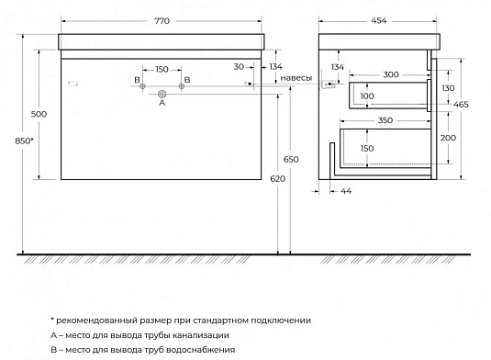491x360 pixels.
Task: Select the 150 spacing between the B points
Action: coord(162,69)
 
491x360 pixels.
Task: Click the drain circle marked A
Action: coord(162,94)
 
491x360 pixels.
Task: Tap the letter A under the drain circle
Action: coord(162,104)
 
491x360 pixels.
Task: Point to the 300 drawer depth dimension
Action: coord(389,73)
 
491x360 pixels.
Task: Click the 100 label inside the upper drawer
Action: coord(368,96)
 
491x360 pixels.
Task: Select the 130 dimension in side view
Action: coord(448,87)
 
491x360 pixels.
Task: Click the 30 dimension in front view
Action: coord(239,66)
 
